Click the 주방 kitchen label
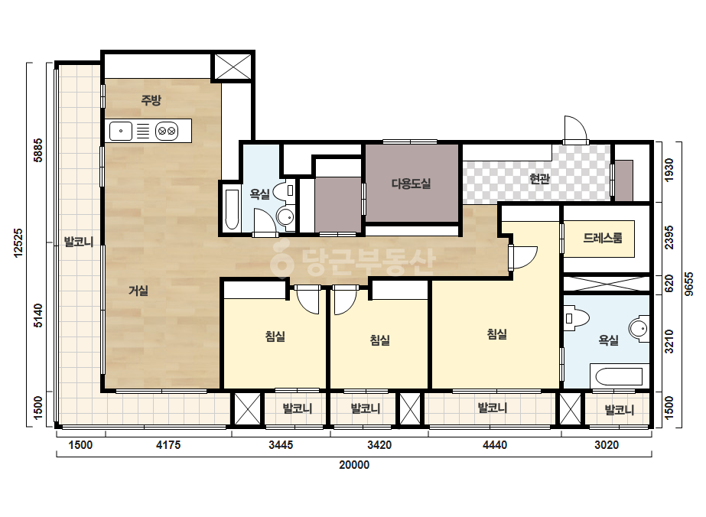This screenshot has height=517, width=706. coord(151,99)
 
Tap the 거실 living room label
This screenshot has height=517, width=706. coord(138,291)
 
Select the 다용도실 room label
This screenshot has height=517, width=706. coord(411,184)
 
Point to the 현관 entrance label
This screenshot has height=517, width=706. coord(539,179)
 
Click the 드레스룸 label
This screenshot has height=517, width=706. coord(603,238)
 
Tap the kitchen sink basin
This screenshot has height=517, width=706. coord(121,131)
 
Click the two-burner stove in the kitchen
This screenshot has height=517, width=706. coord(167,132)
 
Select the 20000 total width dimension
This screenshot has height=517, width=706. coord(354,465)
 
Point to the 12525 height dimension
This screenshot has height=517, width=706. coord(18,242)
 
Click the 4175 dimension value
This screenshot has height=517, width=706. coord(168,445)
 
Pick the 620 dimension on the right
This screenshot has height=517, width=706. coord(669,284)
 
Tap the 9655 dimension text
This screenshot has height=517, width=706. coord(688,284)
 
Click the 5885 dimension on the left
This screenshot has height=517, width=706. coord(38,150)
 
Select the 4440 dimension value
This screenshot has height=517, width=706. coord(494,445)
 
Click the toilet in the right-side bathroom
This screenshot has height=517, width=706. coord(577,318)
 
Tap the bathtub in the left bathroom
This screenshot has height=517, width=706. coord(232,210)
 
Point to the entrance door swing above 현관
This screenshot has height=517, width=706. coord(576,129)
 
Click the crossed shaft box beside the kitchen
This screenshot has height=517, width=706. coord(232,67)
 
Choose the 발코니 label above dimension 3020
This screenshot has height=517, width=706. coord(619,410)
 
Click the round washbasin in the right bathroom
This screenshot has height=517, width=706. coord(639,328)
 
